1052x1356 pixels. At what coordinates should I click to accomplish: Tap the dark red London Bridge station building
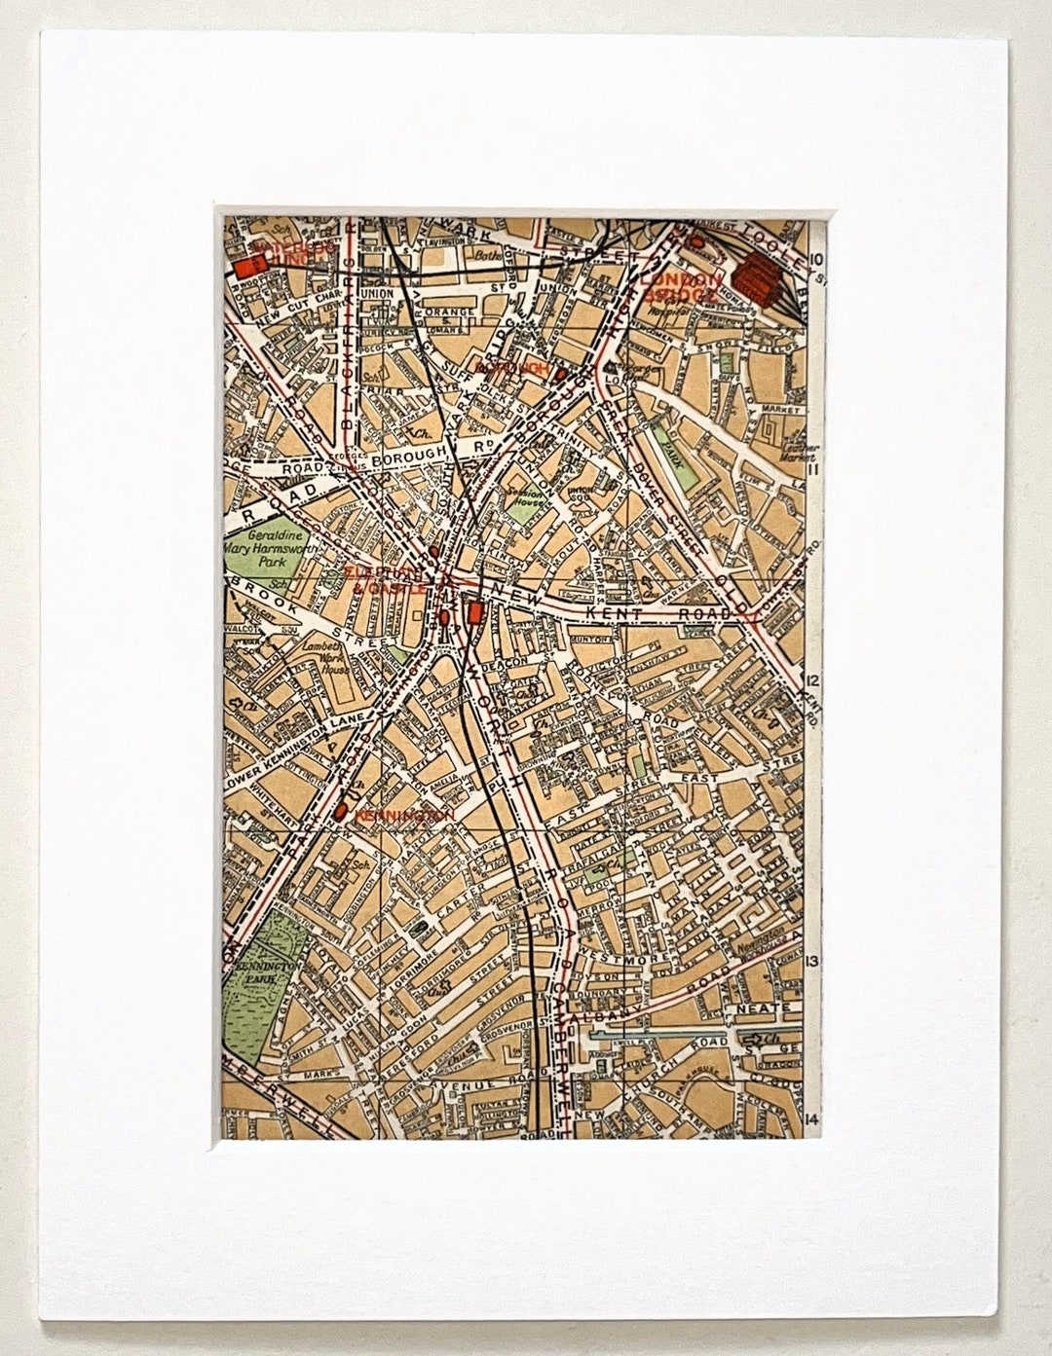759,276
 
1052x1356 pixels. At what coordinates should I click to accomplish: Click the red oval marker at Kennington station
341,810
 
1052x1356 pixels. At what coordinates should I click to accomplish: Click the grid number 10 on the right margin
816,259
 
